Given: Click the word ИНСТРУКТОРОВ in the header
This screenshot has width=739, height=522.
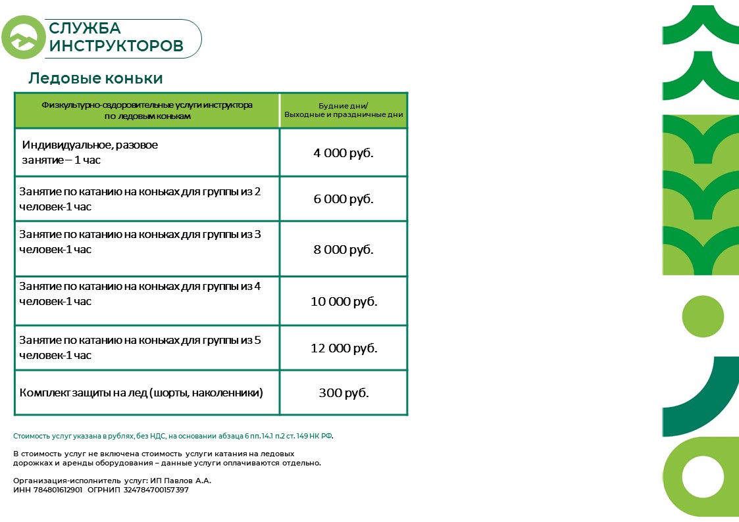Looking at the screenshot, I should [x=116, y=46].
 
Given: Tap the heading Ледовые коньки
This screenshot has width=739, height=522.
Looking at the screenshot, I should [x=95, y=78].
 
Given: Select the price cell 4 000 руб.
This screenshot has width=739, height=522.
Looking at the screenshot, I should [x=343, y=153].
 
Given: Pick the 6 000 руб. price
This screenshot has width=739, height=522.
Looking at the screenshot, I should [x=343, y=199].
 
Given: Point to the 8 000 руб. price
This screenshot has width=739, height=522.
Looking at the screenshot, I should [x=343, y=250].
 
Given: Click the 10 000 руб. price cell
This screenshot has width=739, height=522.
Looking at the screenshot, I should [x=344, y=302].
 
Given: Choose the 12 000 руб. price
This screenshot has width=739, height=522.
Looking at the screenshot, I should [x=344, y=348].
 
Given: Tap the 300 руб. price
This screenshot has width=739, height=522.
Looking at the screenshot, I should [x=344, y=393].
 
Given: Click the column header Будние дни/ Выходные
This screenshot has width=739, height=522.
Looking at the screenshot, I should [x=344, y=110].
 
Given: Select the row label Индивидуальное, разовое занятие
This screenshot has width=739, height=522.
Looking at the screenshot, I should [x=89, y=152].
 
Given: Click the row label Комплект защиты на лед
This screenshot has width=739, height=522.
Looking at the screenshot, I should [x=141, y=393].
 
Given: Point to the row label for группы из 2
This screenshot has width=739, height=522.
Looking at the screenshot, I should [x=140, y=199].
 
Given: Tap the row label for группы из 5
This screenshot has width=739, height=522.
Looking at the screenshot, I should [x=140, y=347].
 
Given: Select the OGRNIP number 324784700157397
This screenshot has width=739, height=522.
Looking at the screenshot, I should [x=152, y=490].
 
